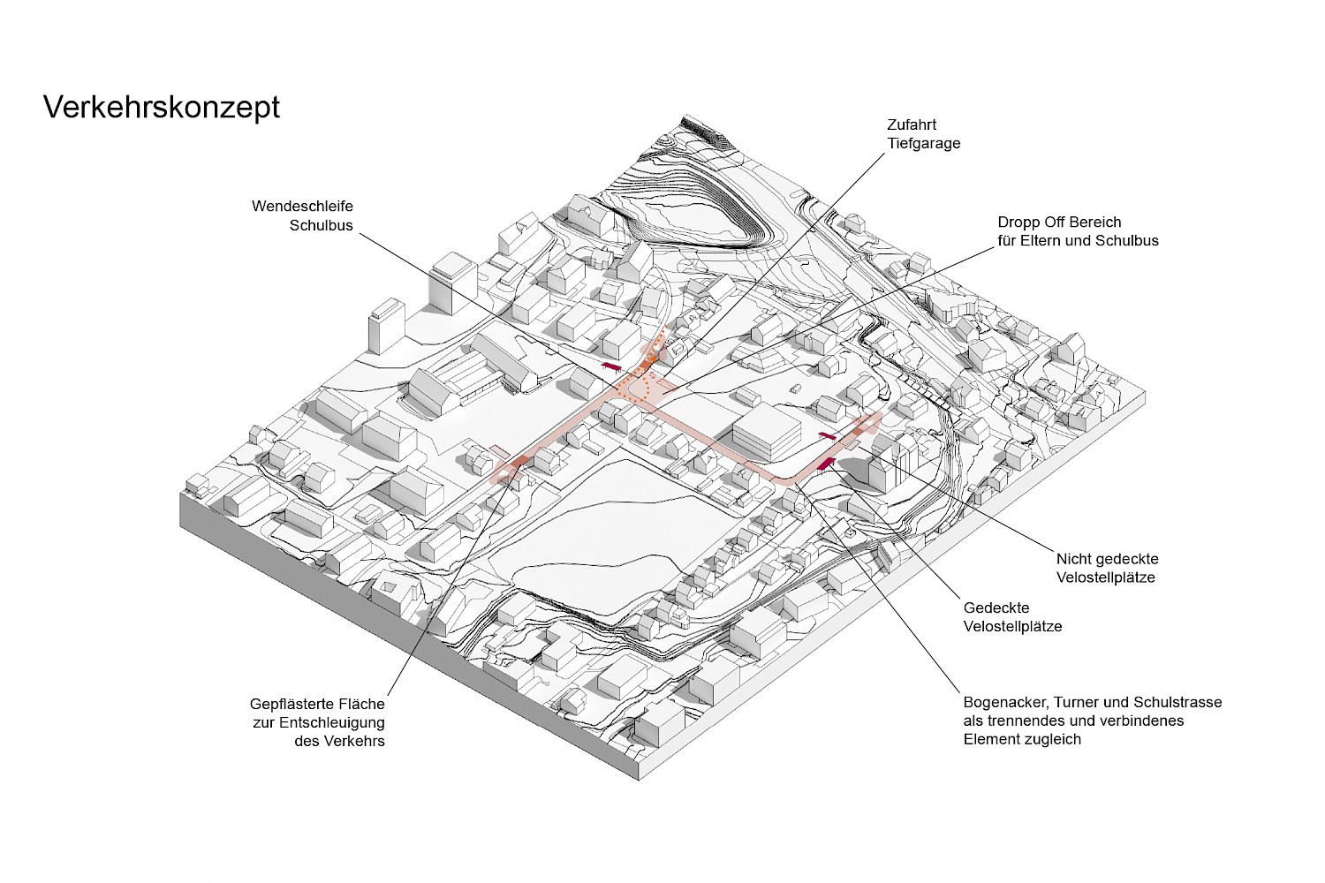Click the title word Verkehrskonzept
click(x=162, y=107)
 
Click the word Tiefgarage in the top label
click(x=923, y=143)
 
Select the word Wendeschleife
click(x=302, y=206)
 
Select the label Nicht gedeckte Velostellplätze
click(x=1107, y=568)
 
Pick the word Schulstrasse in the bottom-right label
click(x=1177, y=702)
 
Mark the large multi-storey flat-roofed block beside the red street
click(x=766, y=435)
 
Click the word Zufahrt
click(x=911, y=125)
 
